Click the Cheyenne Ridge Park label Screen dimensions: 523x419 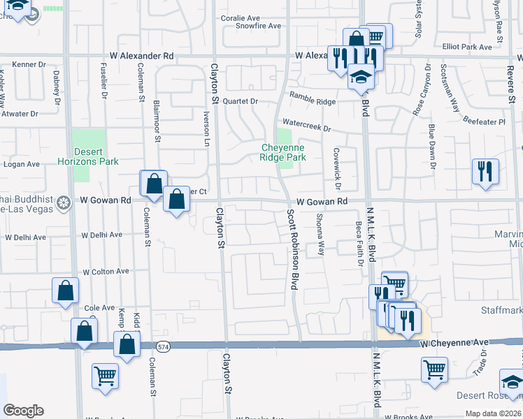click(x=284, y=152)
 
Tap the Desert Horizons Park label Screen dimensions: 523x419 click(x=88, y=156)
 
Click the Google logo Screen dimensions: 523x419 click(x=23, y=411)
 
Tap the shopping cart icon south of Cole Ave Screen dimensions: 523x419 click(x=105, y=375)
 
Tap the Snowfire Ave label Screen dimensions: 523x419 click(x=258, y=26)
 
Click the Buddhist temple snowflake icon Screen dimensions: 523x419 click(x=64, y=203)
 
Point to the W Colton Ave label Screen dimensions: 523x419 click(x=106, y=271)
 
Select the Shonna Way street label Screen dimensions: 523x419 click(x=320, y=235)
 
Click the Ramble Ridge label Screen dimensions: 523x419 click(x=313, y=101)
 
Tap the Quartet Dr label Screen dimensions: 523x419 click(x=241, y=101)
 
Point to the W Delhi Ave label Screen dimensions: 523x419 click(x=102, y=235)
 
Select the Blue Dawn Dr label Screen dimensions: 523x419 click(x=433, y=147)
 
